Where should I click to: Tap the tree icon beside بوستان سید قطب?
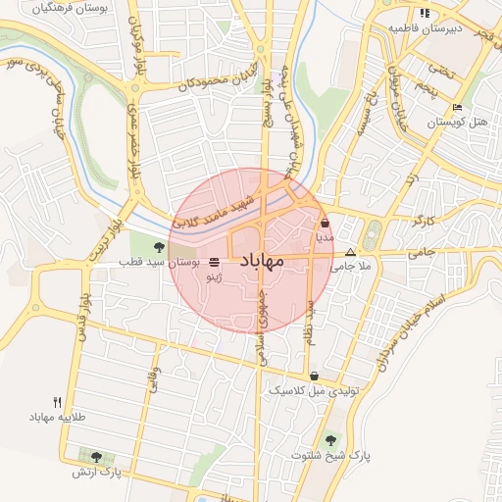[x=160, y=246]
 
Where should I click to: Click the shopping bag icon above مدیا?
[x=325, y=223]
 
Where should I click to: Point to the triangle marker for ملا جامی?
[x=351, y=252]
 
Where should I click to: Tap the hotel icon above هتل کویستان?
[x=457, y=108]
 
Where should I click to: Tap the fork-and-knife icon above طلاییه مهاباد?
[x=58, y=402]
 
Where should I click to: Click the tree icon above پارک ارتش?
[x=96, y=457]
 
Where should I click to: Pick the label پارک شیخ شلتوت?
[x=329, y=456]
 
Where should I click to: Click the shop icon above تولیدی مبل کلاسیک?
[x=314, y=376]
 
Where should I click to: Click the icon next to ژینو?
[x=215, y=262]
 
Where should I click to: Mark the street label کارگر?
[x=424, y=222]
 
